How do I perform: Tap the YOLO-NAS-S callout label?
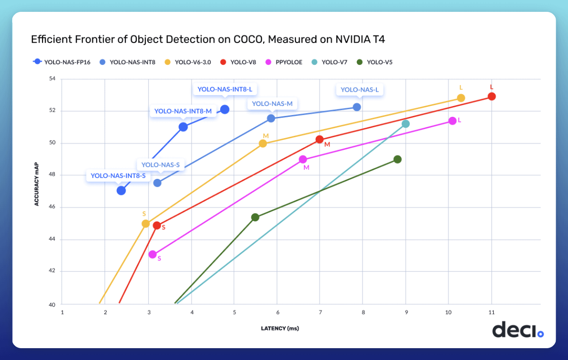pyautogui.click(x=160, y=165)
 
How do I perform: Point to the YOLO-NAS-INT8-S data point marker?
pyautogui.click(x=121, y=190)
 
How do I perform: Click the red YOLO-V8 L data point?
pyautogui.click(x=491, y=97)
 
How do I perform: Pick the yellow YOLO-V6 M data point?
pyautogui.click(x=263, y=143)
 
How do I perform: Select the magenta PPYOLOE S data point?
pyautogui.click(x=152, y=255)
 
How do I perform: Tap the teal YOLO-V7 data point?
pyautogui.click(x=405, y=124)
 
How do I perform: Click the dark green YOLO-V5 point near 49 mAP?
pyautogui.click(x=398, y=159)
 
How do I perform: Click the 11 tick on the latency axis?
pyautogui.click(x=491, y=313)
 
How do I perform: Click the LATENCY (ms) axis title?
pyautogui.click(x=280, y=328)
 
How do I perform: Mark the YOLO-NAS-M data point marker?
pyautogui.click(x=271, y=118)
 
